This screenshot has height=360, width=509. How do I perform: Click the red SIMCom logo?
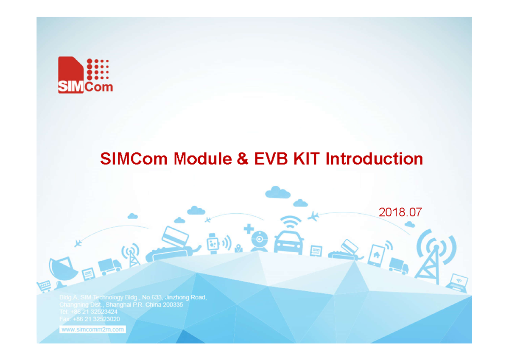pos(85,75)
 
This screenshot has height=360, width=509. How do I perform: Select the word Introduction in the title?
pos(374,159)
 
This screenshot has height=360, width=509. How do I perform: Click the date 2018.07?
pos(400,212)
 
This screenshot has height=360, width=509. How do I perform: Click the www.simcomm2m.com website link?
pos(93,329)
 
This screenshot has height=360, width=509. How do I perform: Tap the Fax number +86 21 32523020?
pos(89,319)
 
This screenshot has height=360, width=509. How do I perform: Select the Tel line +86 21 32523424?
pos(88,312)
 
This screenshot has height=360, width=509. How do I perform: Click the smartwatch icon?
pos(213,243)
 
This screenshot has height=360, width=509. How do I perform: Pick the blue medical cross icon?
pos(249,229)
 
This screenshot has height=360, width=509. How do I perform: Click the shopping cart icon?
pos(44,286)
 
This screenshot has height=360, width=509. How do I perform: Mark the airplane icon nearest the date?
pos(313,216)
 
